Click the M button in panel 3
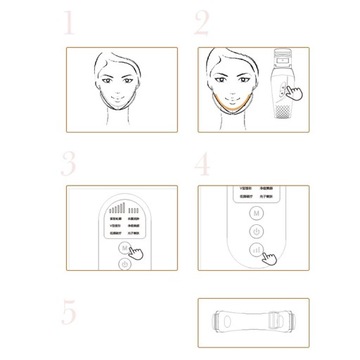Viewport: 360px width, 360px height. [x=122, y=243]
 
